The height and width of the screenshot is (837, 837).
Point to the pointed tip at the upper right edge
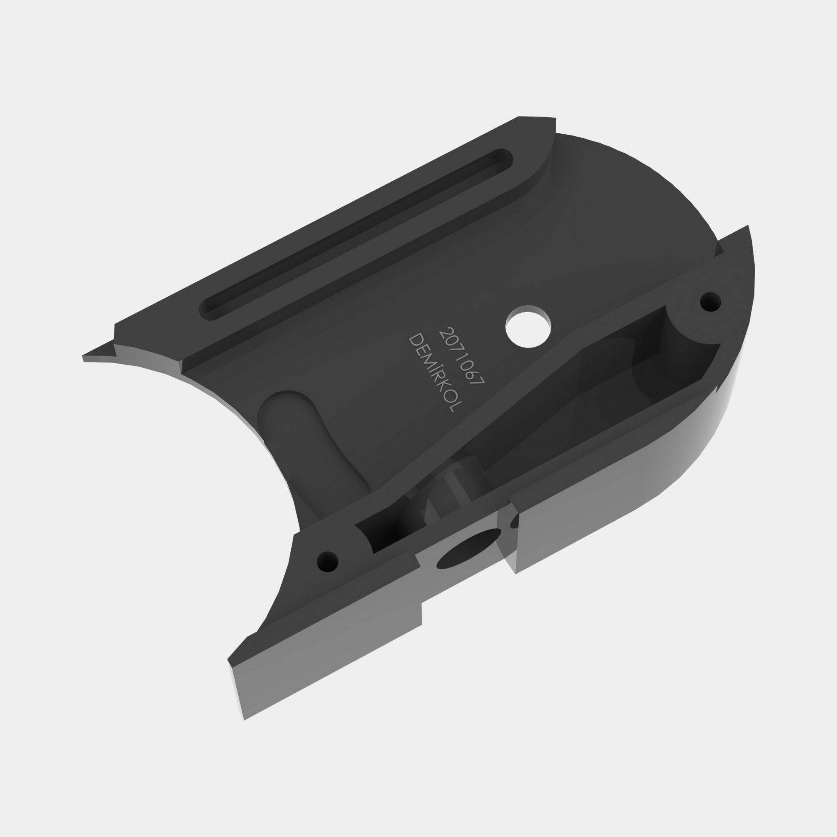(748, 226)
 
